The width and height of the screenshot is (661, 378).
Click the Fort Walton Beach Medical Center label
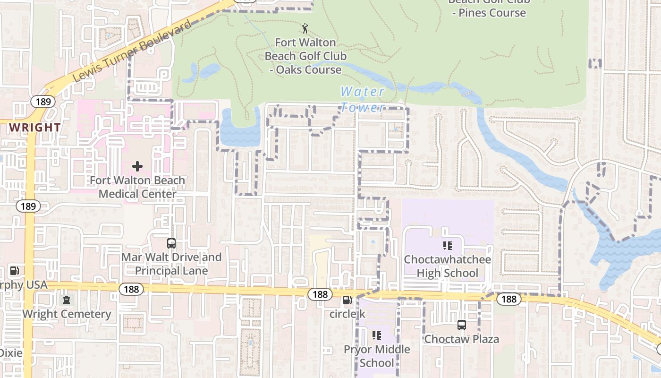click(137, 187)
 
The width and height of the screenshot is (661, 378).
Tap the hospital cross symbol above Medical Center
click(137, 166)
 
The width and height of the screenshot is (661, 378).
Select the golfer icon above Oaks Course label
click(305, 28)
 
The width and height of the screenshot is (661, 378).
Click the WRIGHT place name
click(35, 128)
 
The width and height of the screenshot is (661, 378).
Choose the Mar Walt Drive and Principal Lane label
click(171, 264)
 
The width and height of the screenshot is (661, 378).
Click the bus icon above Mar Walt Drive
click(171, 243)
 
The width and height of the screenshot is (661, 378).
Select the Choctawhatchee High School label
click(447, 266)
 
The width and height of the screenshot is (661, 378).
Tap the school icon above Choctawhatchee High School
click(447, 246)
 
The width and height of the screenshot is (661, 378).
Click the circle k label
click(347, 314)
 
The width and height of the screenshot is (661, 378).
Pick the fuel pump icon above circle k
click(347, 300)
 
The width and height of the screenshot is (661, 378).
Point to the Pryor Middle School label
click(377, 356)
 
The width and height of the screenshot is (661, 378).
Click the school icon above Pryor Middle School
click(377, 335)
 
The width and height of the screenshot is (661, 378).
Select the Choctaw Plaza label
click(461, 339)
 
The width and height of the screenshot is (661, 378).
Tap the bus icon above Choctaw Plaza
click(461, 325)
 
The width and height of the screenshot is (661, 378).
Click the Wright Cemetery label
click(67, 314)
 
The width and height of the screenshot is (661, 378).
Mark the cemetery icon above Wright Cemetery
click(67, 300)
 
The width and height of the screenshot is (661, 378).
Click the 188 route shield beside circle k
click(320, 294)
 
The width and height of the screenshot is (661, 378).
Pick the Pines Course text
click(489, 13)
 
